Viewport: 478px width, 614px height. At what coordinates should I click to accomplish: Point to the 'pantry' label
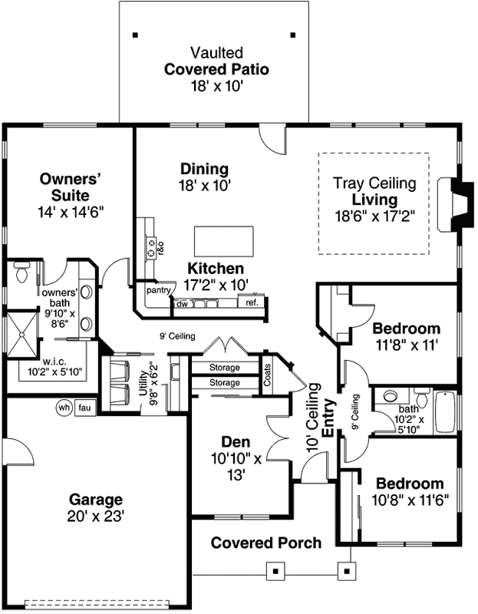(x=158, y=291)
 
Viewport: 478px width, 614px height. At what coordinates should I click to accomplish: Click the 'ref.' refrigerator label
(x=252, y=302)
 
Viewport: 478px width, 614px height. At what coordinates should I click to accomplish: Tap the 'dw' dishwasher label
(x=182, y=304)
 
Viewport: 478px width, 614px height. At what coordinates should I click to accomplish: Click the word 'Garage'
(x=95, y=498)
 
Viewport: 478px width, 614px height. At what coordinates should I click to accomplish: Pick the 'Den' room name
(x=236, y=442)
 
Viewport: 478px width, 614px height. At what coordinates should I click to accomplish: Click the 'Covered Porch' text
(x=266, y=543)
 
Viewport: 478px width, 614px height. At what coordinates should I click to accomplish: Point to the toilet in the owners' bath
(x=21, y=272)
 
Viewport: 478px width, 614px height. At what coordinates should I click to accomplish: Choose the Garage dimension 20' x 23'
(x=95, y=516)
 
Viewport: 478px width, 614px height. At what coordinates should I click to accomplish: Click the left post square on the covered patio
(x=135, y=35)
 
